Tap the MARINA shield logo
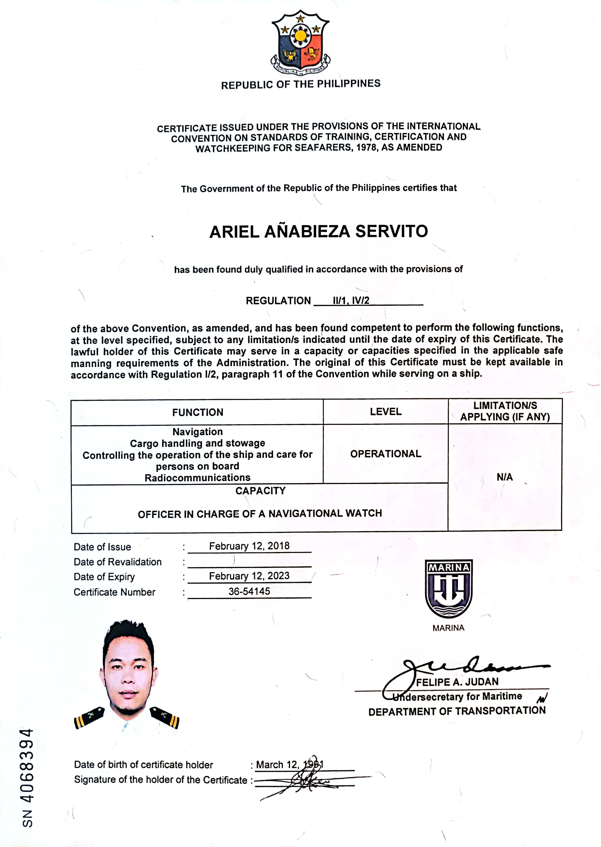tap(448, 588)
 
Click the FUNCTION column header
tap(198, 412)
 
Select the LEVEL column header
tap(386, 412)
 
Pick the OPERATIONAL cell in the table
tap(386, 454)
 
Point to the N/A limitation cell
tap(504, 477)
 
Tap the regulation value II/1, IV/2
tap(351, 301)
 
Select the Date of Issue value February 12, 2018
tap(249, 546)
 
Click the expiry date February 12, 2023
tap(249, 576)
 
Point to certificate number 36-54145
tap(249, 591)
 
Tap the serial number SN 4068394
tap(27, 777)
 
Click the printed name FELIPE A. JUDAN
tap(457, 682)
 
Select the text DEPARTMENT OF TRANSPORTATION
tap(457, 711)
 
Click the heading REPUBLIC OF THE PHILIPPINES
tap(300, 84)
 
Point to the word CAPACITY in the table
tap(261, 491)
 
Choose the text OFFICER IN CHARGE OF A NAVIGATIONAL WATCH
tap(260, 514)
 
